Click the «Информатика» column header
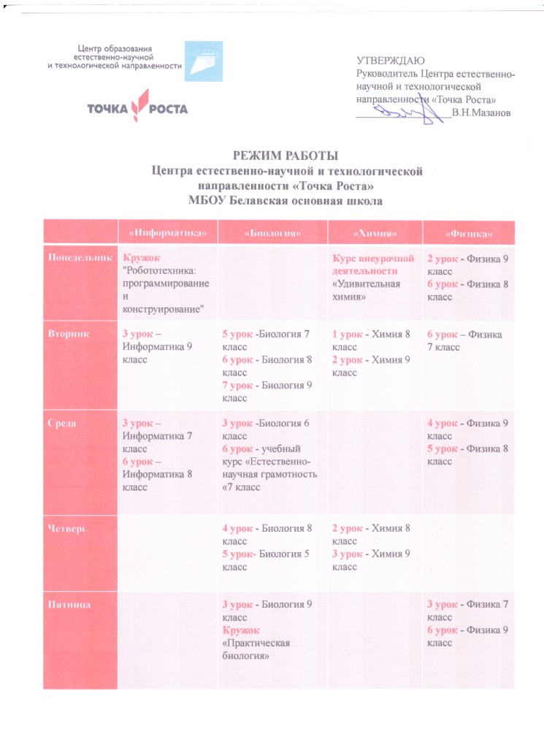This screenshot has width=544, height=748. [169, 233]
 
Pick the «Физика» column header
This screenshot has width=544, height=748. [468, 233]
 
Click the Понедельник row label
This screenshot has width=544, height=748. [80, 258]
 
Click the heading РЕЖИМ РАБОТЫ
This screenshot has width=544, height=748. [286, 156]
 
